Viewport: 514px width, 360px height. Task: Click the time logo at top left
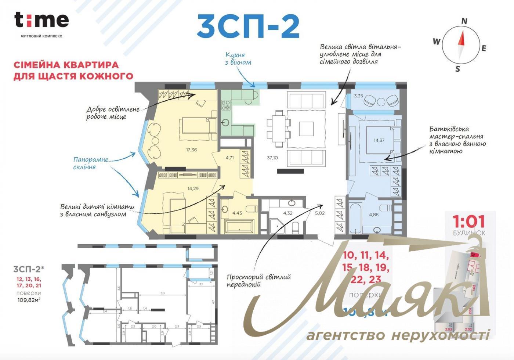click(x=41, y=20)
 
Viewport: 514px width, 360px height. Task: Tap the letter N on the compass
click(x=464, y=21)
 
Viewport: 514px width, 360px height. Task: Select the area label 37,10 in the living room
click(x=272, y=158)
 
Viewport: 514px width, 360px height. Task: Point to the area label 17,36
click(x=191, y=150)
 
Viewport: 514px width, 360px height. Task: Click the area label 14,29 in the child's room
click(x=193, y=188)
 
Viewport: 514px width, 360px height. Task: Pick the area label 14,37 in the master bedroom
click(x=379, y=140)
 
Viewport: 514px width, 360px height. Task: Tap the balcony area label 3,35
click(x=358, y=96)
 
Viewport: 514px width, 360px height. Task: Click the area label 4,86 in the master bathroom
click(x=374, y=215)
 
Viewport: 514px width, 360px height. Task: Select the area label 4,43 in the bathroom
click(x=237, y=213)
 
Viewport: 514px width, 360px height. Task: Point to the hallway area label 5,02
click(x=320, y=213)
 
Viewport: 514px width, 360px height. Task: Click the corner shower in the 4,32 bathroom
click(x=276, y=226)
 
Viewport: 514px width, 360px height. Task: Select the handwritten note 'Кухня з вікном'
click(x=238, y=58)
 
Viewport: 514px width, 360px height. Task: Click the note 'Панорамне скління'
click(x=90, y=163)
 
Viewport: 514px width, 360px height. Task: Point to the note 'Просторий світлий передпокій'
click(x=258, y=281)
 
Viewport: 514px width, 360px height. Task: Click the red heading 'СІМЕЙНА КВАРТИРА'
click(x=66, y=65)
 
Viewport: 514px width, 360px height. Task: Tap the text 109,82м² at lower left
click(x=28, y=300)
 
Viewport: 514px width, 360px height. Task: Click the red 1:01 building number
click(x=468, y=222)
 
